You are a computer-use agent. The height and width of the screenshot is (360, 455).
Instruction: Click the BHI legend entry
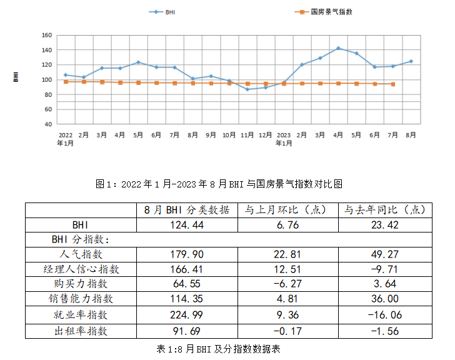click(x=163, y=12)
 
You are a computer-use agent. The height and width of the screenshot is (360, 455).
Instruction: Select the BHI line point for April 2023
click(x=338, y=48)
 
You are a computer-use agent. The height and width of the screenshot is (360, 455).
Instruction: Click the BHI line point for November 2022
click(x=247, y=89)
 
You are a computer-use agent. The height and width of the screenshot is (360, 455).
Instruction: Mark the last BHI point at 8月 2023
click(x=411, y=61)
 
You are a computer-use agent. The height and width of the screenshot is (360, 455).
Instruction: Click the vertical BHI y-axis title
click(x=15, y=77)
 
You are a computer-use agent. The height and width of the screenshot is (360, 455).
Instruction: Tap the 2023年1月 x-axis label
click(x=284, y=138)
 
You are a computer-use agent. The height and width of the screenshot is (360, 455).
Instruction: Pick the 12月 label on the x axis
click(x=265, y=134)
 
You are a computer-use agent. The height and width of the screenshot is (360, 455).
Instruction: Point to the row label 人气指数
click(x=81, y=254)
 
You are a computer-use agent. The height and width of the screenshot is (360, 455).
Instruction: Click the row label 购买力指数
click(x=81, y=284)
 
